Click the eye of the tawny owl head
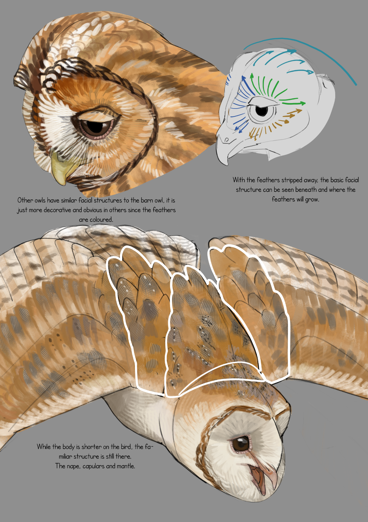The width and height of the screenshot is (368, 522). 96,126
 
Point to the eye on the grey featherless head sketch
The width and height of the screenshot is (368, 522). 262,111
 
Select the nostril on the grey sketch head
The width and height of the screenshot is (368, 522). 226,140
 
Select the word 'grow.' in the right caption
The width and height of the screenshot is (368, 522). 312,200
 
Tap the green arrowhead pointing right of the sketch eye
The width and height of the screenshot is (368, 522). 303,103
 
